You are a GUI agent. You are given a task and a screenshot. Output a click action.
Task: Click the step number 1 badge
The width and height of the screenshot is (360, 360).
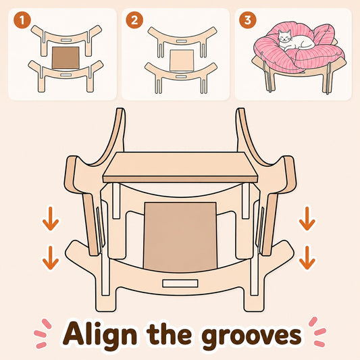pos(22,20)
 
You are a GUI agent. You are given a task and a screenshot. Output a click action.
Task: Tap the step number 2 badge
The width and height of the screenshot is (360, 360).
pos(134,20)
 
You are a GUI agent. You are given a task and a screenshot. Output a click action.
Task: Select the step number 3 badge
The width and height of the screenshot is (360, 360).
pos(248,20)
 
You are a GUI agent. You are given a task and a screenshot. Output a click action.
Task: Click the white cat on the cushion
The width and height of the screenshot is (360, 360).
pos(297,41)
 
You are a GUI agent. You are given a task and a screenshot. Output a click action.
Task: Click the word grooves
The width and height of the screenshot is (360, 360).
pos(251,335)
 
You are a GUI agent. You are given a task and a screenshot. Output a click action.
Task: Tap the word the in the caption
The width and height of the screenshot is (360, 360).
pos(170,333)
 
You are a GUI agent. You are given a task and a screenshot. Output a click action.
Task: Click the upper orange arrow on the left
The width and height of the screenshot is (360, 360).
pos(51,219)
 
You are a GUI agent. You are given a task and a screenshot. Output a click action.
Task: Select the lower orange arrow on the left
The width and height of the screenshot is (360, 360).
pos(51,258)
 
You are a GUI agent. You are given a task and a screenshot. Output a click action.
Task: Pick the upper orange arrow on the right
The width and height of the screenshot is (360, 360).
pos(307,219)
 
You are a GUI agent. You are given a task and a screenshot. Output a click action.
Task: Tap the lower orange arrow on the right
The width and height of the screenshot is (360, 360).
pos(307,258)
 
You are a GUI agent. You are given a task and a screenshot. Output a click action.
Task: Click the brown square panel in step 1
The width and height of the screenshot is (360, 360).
pos(66,57)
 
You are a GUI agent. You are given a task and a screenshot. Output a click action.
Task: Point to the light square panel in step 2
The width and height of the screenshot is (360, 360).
pos(182,61)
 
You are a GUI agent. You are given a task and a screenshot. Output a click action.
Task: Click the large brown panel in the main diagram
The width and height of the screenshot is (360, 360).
pos(180,236)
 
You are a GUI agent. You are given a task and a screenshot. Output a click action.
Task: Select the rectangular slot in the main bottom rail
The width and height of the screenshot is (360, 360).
pos(180,283)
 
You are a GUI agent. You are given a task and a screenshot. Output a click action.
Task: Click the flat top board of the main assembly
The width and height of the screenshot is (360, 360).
pos(180,167)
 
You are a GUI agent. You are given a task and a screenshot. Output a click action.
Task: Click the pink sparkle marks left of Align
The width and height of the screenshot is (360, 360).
pos(43,334)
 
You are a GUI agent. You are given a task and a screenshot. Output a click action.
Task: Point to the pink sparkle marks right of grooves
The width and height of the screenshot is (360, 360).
pos(317,332)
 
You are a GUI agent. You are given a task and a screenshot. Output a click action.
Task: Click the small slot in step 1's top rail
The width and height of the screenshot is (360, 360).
pos(66,40)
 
